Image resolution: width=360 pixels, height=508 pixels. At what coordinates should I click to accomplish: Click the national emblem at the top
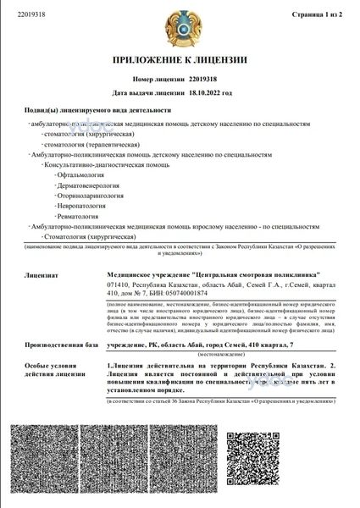pyautogui.click(x=180, y=28)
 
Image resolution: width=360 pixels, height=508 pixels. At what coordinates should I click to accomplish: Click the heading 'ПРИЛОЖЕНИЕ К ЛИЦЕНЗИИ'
pyautogui.click(x=180, y=60)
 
